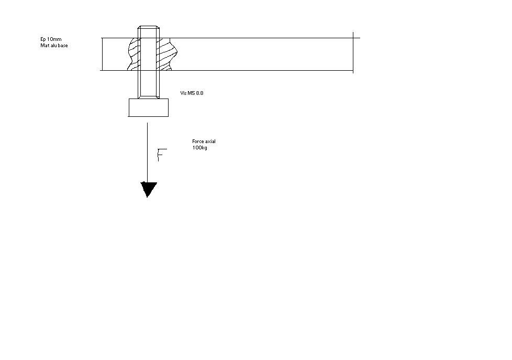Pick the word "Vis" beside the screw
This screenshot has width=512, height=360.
tap(183, 93)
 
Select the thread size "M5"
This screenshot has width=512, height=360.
tap(191, 93)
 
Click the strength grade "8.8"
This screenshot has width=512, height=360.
tap(199, 93)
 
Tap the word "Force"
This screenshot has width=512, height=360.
tap(197, 141)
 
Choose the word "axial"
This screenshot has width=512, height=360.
tap(210, 141)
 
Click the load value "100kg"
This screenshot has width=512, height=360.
tap(199, 148)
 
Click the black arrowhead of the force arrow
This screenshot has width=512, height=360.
tap(148, 189)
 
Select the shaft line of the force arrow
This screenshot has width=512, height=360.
tap(147, 152)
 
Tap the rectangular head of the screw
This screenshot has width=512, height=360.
tap(148, 107)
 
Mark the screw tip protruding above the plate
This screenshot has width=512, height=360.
tap(148, 31)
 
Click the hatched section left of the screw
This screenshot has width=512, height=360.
tap(133, 54)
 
